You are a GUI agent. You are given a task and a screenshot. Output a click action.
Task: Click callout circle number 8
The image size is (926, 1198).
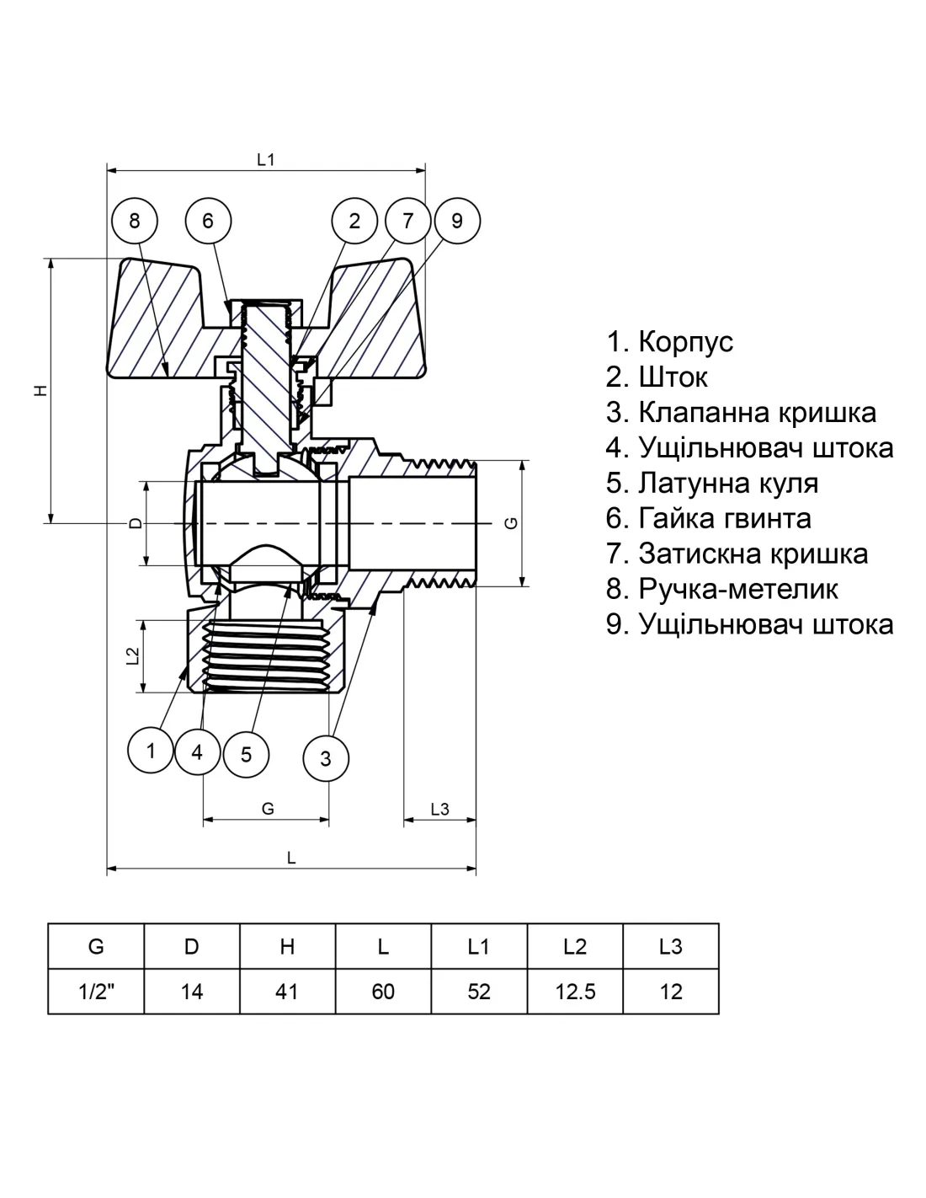click(x=135, y=222)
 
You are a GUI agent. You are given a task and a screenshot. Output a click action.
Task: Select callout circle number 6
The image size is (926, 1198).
click(x=208, y=222)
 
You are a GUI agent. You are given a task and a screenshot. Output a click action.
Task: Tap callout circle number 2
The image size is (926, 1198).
click(x=354, y=222)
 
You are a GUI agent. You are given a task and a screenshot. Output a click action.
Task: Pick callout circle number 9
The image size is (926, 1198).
click(x=457, y=222)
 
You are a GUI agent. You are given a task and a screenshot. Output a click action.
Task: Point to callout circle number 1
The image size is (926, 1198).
click(x=152, y=750)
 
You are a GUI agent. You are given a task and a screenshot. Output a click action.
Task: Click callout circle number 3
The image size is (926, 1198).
click(x=326, y=758)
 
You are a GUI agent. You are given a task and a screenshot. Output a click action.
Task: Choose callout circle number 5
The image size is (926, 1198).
click(x=246, y=752)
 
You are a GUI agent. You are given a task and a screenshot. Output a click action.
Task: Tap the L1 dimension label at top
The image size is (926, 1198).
click(x=266, y=159)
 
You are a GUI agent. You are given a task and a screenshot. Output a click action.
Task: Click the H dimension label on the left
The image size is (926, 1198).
click(x=40, y=390)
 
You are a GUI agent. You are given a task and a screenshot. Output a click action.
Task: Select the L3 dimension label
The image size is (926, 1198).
click(x=439, y=810)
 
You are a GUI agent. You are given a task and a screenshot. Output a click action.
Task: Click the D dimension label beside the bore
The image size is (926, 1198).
click(x=135, y=523)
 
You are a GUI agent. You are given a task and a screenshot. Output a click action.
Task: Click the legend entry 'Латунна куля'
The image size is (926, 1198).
click(x=711, y=484)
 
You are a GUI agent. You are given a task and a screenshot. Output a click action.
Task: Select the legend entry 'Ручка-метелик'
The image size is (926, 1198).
click(x=721, y=589)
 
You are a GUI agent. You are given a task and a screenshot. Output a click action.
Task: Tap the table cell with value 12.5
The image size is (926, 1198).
click(x=575, y=992)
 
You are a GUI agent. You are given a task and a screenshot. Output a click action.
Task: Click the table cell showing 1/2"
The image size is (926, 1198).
click(x=96, y=992)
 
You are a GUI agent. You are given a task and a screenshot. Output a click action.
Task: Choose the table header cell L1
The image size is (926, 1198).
click(x=478, y=947)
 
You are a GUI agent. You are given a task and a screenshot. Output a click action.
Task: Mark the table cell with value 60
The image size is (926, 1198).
click(x=383, y=992)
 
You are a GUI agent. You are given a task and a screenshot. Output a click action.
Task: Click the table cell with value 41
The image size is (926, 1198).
click(x=287, y=992)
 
